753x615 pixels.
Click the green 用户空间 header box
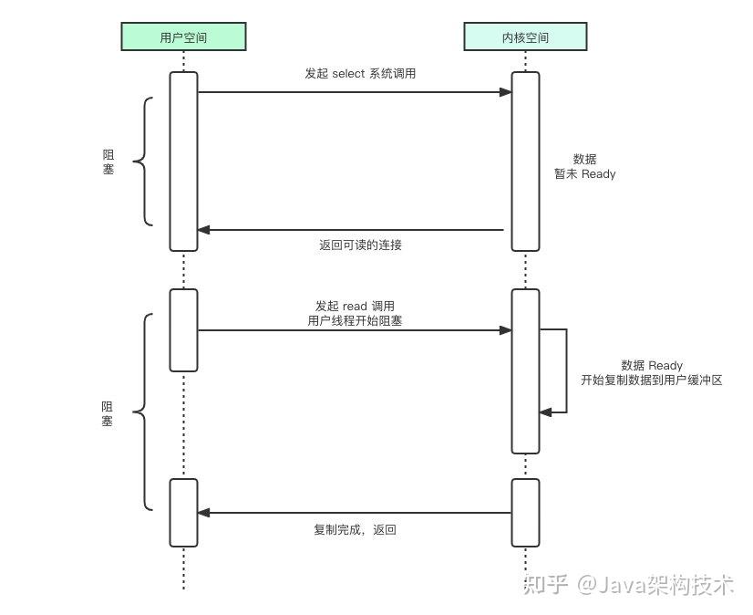183,36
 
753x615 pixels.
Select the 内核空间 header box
525,36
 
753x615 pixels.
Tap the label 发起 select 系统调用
360,73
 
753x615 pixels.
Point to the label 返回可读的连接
360,245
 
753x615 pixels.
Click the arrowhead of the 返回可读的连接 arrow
204,230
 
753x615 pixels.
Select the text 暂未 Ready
584,173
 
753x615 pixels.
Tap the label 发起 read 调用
355,307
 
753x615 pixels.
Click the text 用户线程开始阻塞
355,321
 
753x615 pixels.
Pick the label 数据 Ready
651,365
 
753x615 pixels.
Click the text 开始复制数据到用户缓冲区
651,380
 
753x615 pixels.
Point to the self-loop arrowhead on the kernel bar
545,412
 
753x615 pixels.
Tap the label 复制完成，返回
355,529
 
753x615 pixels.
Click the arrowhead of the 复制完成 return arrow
204,513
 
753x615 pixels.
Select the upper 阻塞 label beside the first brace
108,162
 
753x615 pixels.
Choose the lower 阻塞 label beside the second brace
108,413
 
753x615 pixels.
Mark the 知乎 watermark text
545,584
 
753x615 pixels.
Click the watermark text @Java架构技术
655,584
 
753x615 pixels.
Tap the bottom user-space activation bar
183,512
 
